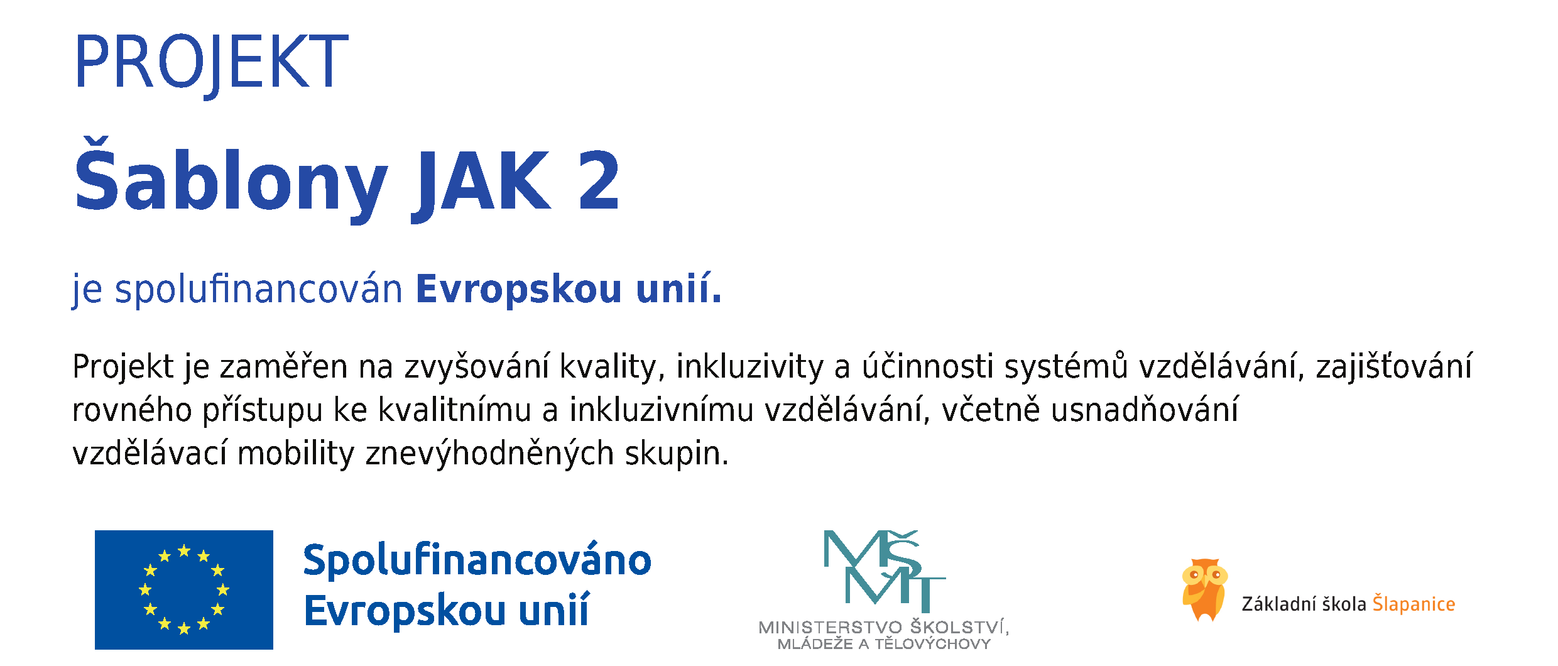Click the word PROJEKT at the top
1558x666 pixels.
[211, 63]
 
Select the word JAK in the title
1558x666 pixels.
[481, 182]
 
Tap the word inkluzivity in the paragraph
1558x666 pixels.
[749, 367]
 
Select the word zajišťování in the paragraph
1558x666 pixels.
[1394, 367]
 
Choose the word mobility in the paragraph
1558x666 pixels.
[296, 454]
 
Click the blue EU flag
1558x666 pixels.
[184, 589]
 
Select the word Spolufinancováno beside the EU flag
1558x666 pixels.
[477, 560]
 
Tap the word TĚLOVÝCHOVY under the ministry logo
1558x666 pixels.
[933, 643]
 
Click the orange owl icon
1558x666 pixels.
[1204, 589]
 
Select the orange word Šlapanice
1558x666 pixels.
[1414, 603]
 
